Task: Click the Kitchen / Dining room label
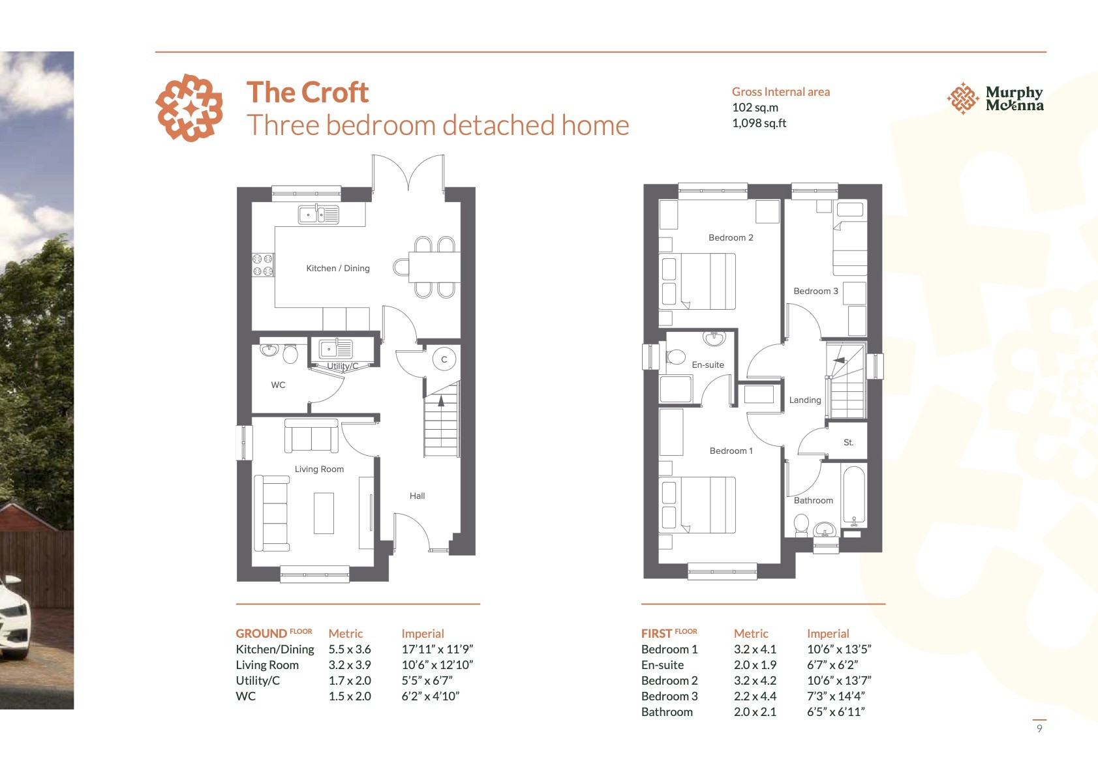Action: [x=338, y=269]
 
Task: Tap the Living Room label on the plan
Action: [x=319, y=470]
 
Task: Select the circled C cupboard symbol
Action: [x=444, y=359]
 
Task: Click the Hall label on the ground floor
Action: [x=417, y=496]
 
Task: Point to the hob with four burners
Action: [x=263, y=265]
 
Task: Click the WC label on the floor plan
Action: [x=278, y=385]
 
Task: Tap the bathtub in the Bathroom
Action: [x=854, y=496]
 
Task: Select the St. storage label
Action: [x=849, y=442]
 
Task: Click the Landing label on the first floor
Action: [x=805, y=400]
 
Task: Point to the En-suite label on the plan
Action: [x=708, y=365]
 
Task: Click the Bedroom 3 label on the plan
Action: [x=816, y=291]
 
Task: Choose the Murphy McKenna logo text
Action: [x=1014, y=98]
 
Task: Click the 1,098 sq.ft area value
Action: [x=759, y=123]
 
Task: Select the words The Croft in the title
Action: [x=307, y=92]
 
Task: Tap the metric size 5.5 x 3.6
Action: [x=350, y=649]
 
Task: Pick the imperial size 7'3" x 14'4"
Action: [x=836, y=696]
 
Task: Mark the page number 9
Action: [x=1039, y=728]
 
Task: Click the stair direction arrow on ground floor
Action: [x=441, y=401]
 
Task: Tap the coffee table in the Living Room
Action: [x=324, y=513]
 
